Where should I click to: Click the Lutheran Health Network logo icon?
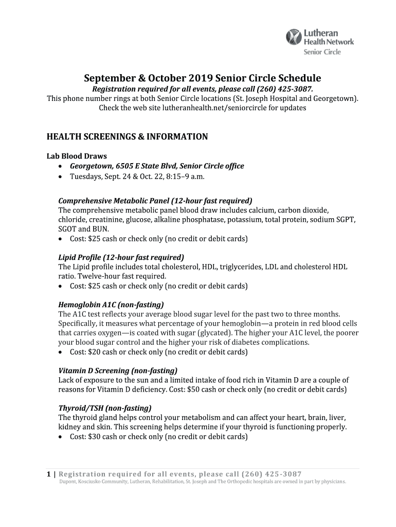pos(294,37)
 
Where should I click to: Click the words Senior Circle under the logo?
pos(322,52)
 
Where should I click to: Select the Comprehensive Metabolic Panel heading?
pos(155,201)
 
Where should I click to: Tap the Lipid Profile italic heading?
pos(121,257)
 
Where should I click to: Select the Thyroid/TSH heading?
pos(104,408)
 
